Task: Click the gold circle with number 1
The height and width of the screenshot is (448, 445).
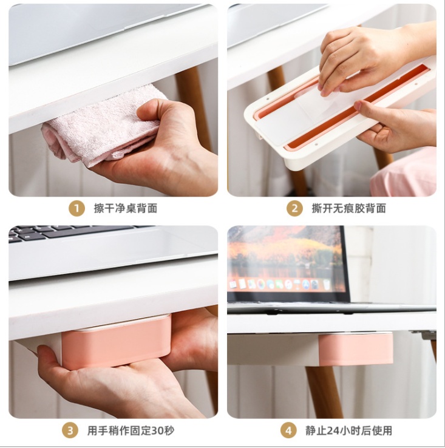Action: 76,208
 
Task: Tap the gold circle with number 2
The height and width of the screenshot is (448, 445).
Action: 294,208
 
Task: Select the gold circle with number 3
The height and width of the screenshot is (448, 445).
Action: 70,430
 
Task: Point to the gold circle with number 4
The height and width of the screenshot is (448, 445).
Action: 288,430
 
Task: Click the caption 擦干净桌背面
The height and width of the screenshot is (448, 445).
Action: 126,208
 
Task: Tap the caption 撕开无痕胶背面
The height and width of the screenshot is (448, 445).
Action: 348,208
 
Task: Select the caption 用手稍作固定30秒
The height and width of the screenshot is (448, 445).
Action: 131,430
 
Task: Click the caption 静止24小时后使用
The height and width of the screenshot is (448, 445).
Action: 348,430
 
